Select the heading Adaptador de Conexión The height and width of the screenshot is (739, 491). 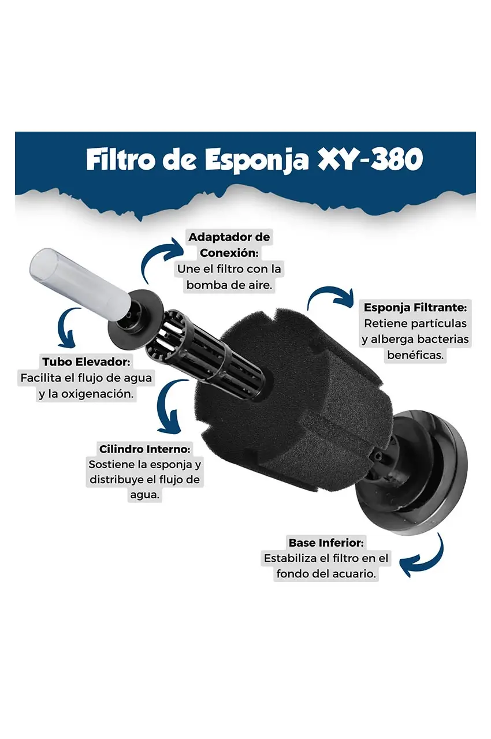coord(229,245)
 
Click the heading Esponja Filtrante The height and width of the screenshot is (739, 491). coord(415,308)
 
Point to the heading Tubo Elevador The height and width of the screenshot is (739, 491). coord(87,362)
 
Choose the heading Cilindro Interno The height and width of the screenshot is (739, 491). coord(144,449)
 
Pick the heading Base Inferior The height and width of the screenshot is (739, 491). coord(326,543)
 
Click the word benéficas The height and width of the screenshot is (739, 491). coord(415,356)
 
